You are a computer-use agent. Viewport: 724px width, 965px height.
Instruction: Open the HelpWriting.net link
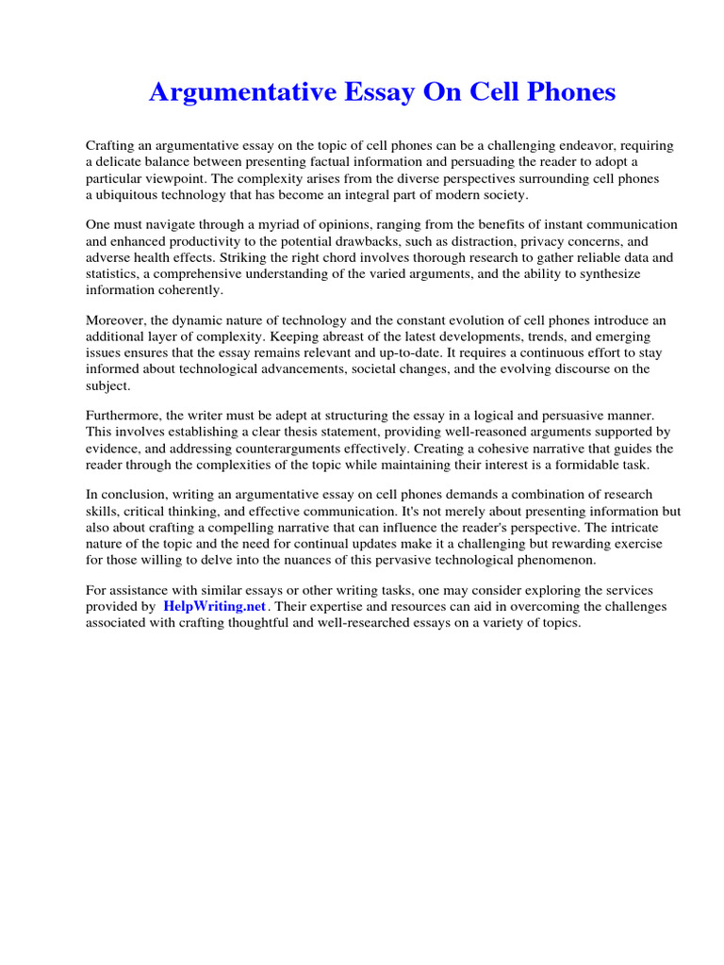pyautogui.click(x=215, y=607)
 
